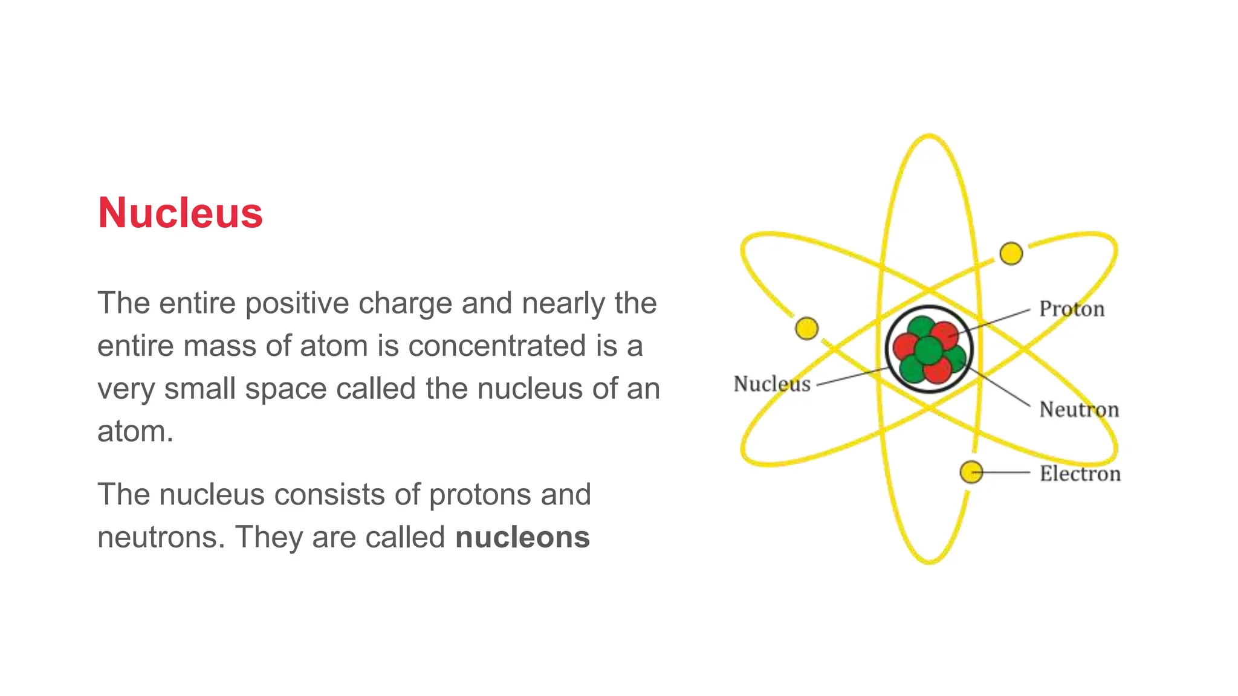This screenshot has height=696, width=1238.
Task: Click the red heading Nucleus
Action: [x=180, y=213]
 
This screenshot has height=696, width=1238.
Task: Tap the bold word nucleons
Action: [x=522, y=537]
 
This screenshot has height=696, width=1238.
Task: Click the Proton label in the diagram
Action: [x=1071, y=309]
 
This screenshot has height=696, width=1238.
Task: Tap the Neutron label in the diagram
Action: [x=1078, y=410]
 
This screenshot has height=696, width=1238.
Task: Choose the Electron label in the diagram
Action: [x=1080, y=474]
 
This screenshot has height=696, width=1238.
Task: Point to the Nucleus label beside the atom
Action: [x=771, y=384]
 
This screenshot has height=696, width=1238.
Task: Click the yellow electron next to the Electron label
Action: [x=971, y=472]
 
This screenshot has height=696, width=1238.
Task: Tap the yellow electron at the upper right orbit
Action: [x=1011, y=254]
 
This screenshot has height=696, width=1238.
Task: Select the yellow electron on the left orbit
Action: [x=806, y=329]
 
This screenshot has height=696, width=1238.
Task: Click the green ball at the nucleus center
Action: [x=928, y=350]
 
